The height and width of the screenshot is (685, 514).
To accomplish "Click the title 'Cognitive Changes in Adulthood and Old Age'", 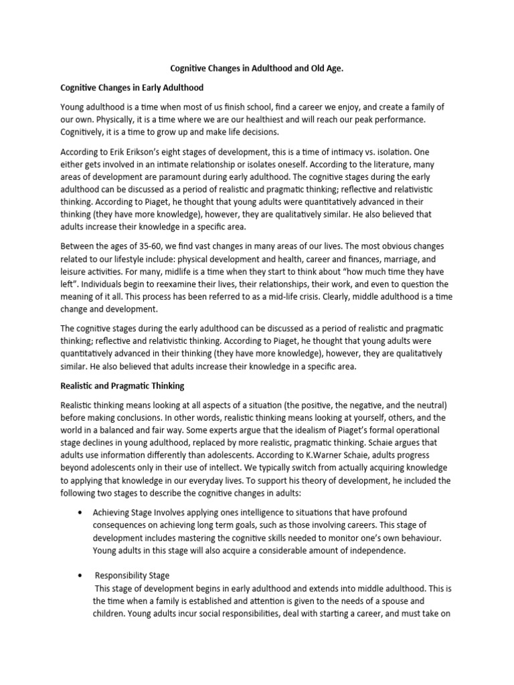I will click(x=257, y=68).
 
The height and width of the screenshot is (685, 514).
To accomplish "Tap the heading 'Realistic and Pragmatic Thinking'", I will click(x=122, y=386).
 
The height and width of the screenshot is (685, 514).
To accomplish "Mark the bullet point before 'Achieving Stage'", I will click(x=80, y=512).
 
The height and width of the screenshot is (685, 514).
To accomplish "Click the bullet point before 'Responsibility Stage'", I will click(x=80, y=575).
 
